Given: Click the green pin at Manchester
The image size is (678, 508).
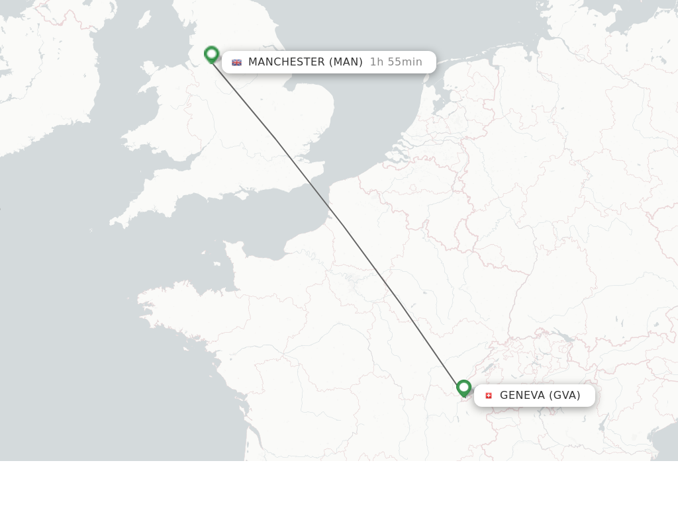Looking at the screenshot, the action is [x=212, y=54].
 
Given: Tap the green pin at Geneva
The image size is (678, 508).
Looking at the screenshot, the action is [x=463, y=388].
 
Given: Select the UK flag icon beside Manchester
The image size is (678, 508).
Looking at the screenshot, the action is [x=236, y=62].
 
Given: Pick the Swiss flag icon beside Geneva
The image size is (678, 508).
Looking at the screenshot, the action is [x=489, y=396].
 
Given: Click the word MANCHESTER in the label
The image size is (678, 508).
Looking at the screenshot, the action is [x=286, y=62].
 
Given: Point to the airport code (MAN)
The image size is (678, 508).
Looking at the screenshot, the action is [x=346, y=62].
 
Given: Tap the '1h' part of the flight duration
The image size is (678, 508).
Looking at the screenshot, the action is [x=377, y=62].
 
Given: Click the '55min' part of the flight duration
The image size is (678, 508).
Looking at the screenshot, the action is [x=405, y=62].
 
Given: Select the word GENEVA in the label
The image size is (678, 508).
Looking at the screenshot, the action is [x=522, y=396].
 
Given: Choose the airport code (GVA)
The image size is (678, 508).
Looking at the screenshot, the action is [x=564, y=396].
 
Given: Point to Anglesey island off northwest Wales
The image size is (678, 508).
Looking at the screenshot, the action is [x=148, y=67].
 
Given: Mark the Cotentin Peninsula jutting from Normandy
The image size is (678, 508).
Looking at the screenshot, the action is [x=232, y=255].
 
